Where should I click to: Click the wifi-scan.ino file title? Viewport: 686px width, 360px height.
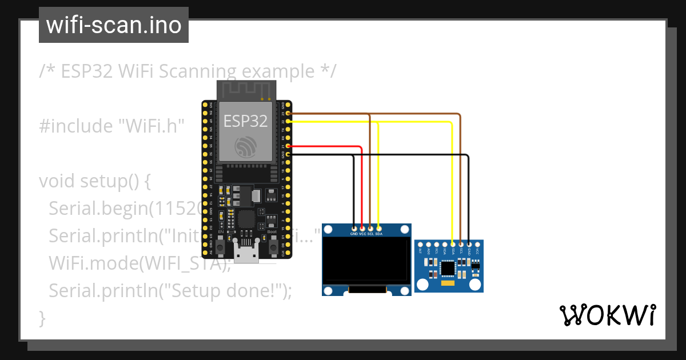tap(113, 25)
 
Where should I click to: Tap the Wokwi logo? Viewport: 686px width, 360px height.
tap(607, 315)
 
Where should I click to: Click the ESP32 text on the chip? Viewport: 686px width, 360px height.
tap(245, 121)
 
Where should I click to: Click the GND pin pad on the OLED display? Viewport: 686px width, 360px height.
tap(354, 228)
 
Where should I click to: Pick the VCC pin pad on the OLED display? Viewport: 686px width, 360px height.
tap(362, 228)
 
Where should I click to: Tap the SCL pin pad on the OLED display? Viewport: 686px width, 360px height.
tap(370, 228)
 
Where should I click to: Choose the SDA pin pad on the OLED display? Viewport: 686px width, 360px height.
tap(378, 228)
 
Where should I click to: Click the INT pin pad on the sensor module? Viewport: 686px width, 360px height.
tap(421, 244)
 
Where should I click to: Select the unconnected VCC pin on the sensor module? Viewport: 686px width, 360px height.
tap(477, 244)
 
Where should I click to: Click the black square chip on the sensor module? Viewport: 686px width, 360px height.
tap(448, 267)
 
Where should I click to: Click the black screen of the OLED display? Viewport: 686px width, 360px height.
tap(366, 261)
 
